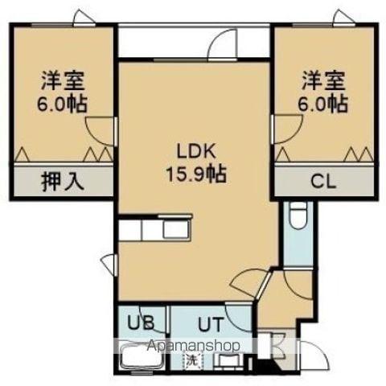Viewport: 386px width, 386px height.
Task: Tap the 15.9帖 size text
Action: coord(195,171)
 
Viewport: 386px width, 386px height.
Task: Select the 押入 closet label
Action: coord(62,182)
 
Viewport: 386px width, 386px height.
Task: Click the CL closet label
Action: coord(322,182)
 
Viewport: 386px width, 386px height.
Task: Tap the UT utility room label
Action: coord(211,324)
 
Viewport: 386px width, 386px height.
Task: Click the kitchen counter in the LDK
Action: coord(157,229)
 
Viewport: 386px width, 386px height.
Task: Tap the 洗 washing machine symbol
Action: coord(191,359)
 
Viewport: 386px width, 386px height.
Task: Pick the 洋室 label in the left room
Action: coord(62,81)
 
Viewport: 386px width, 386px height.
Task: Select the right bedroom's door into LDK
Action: coord(284,129)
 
